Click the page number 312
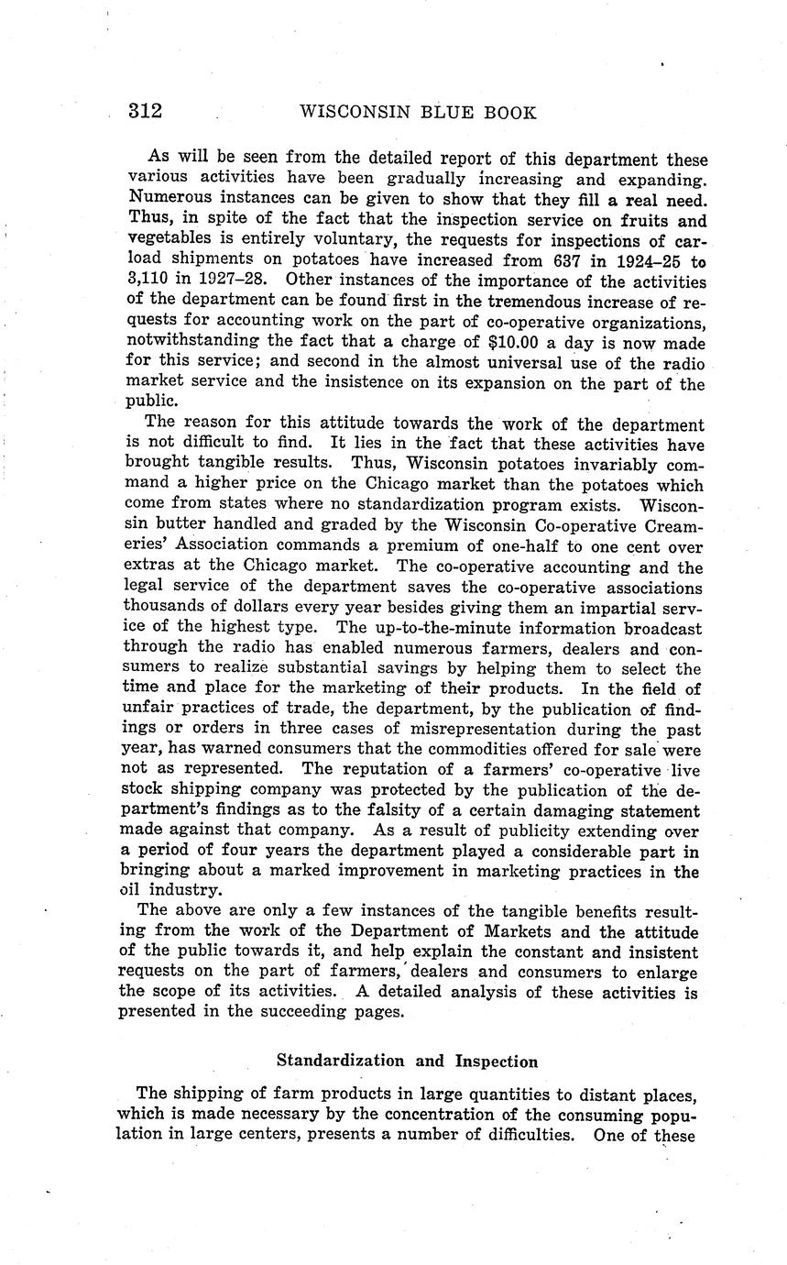point(145,112)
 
